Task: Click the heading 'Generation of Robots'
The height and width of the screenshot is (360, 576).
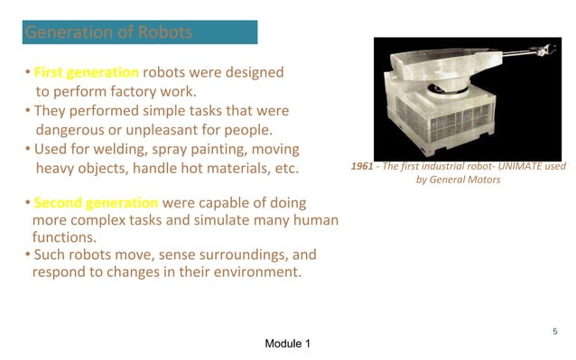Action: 108,33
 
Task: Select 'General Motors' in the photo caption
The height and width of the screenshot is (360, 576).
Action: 468,180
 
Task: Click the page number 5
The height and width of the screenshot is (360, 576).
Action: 555,332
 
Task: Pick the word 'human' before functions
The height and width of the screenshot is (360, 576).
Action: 311,220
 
